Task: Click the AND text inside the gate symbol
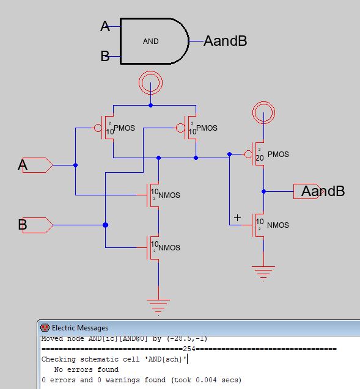[x=151, y=41]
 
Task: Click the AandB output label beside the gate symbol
[x=225, y=41]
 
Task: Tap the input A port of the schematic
[x=37, y=165]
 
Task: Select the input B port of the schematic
[x=37, y=225]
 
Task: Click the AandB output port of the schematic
[x=307, y=191]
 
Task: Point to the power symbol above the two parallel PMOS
[x=150, y=83]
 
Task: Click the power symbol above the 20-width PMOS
[x=263, y=112]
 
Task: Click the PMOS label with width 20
[x=278, y=155]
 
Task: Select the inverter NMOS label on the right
[x=278, y=225]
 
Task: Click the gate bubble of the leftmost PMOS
[x=98, y=128]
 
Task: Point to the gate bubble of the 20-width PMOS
[x=248, y=155]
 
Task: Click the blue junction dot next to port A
[x=75, y=165]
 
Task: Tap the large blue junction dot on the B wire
[x=106, y=225]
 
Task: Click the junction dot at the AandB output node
[x=263, y=192]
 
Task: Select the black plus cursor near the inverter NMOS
[x=237, y=217]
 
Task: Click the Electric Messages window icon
[x=45, y=328]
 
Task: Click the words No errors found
[x=86, y=369]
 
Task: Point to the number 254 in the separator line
[x=189, y=349]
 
